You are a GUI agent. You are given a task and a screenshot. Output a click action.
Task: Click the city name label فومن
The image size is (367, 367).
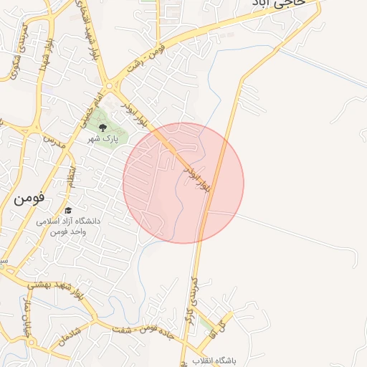(29, 198)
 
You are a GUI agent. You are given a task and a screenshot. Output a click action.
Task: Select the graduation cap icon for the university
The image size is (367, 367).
(68, 211)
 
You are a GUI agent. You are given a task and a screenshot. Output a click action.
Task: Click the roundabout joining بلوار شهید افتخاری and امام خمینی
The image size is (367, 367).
(109, 86)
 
